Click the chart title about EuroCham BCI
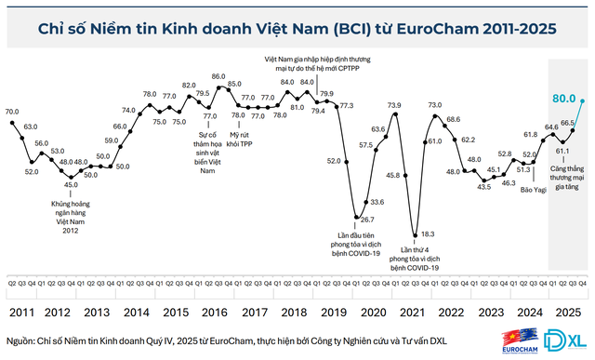tap(297, 29)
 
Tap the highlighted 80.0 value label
tap(562, 98)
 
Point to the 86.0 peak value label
tap(218, 76)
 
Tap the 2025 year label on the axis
tap(563, 313)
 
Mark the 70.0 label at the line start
tap(12, 112)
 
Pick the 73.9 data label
tap(394, 105)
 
